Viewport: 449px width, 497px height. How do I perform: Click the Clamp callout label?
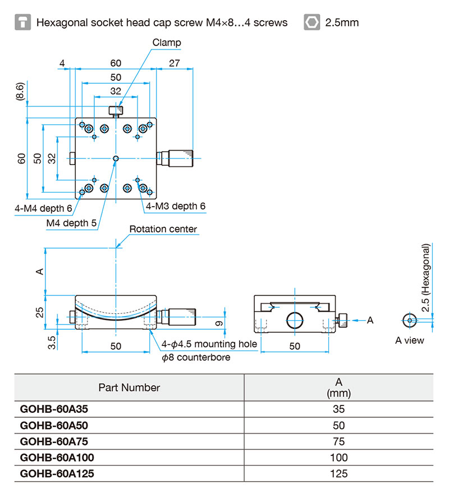tap(167, 43)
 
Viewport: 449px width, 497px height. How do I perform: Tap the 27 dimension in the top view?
tap(174, 63)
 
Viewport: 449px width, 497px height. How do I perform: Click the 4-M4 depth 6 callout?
tap(43, 209)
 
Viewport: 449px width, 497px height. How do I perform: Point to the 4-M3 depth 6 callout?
tap(175, 206)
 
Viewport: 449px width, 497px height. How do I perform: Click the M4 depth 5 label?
tap(71, 223)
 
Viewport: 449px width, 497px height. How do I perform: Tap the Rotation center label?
tap(163, 229)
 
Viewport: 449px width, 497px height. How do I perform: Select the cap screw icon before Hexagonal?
tap(22, 22)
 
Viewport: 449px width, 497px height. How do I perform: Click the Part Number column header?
tap(129, 387)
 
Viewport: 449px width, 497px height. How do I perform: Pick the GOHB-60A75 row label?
tap(49, 441)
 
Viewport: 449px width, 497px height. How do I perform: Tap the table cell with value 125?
tap(339, 473)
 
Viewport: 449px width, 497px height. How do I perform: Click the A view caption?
tap(410, 340)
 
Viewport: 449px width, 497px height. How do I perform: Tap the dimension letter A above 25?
tap(39, 271)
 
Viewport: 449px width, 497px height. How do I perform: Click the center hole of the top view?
tap(116, 159)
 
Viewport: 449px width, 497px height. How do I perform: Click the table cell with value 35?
tap(339, 409)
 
